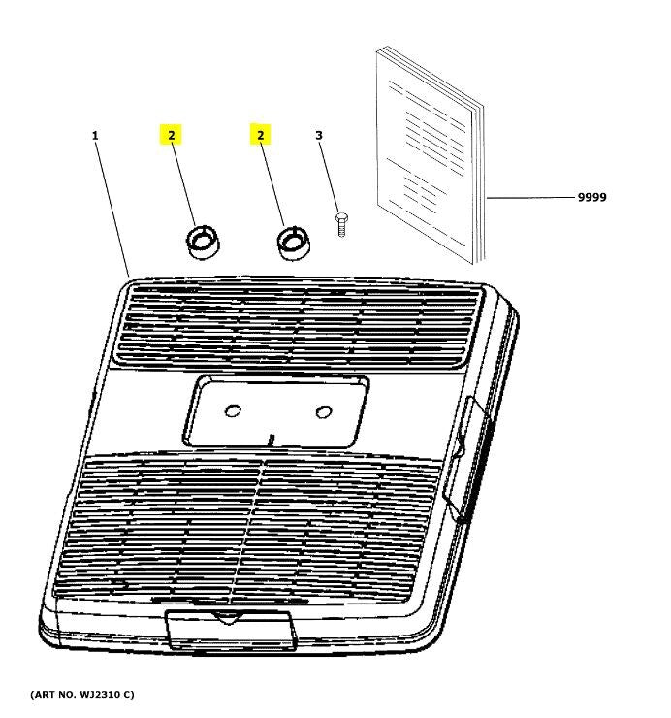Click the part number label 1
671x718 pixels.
pos(95,135)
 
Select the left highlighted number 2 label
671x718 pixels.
pos(171,135)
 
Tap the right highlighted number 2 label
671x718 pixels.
pos(260,135)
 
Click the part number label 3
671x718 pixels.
pos(319,135)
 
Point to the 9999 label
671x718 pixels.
pos(591,197)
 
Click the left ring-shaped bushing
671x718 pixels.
pos(202,243)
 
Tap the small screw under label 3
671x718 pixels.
pos(340,223)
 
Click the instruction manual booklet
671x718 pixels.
pos(427,155)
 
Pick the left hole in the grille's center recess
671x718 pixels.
pos(233,411)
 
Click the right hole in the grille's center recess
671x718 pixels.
pos(324,411)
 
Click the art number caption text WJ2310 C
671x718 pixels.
pos(82,695)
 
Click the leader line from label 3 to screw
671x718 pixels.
pos(330,179)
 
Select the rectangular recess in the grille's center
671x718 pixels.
pos(276,411)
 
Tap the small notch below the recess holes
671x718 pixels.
pos(272,440)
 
